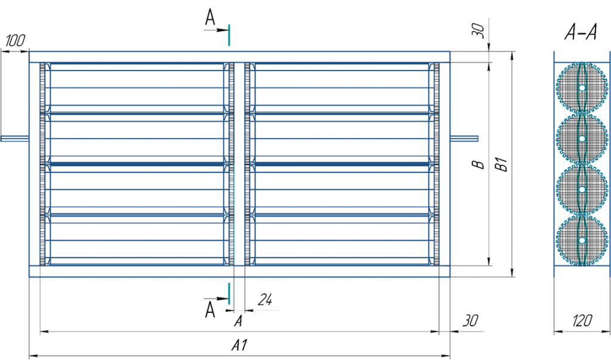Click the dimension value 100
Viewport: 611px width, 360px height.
16,41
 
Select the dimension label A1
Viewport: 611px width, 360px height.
239,346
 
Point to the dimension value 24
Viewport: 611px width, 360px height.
265,301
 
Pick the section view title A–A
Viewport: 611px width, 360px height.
581,34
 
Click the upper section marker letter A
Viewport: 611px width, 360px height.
210,18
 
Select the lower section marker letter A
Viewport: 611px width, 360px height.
210,309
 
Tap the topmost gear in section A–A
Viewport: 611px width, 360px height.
581,88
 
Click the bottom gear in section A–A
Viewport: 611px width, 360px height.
581,240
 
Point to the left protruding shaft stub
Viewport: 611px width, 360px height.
14,139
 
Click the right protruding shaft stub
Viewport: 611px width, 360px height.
465,139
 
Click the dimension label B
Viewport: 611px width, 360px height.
477,164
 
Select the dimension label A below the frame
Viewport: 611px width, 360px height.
238,321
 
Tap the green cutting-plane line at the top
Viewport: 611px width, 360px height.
229,34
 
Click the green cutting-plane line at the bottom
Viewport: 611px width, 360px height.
229,293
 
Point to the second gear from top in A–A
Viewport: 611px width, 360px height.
581,139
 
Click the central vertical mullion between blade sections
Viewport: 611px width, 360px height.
239,164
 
